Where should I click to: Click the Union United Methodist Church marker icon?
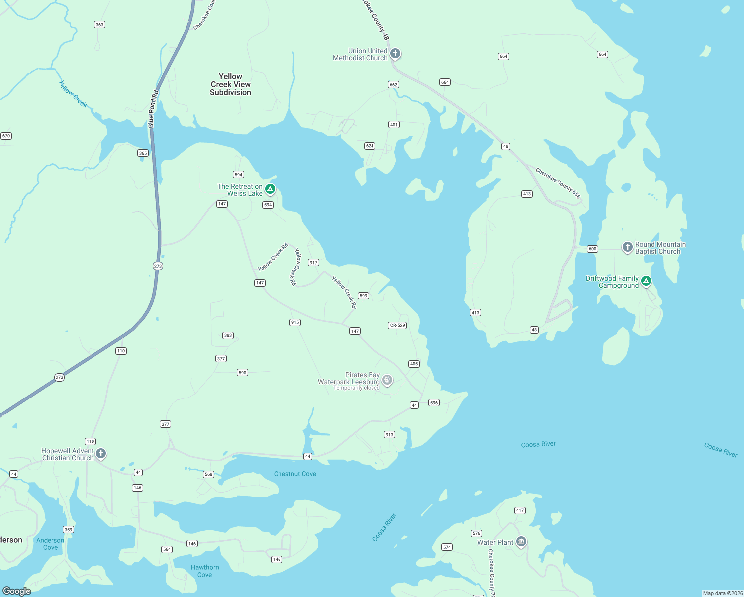(395, 53)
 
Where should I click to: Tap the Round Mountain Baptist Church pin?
(628, 247)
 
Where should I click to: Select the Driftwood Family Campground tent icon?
(646, 281)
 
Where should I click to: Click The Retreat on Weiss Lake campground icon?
(270, 189)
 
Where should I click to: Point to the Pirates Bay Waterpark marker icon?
(387, 381)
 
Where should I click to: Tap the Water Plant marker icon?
(521, 541)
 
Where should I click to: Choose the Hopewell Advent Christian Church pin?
(101, 453)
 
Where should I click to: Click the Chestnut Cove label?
(295, 474)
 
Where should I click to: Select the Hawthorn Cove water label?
(205, 571)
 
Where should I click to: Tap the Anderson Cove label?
(50, 544)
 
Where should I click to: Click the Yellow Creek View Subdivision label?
(230, 84)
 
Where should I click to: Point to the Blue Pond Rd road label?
(153, 108)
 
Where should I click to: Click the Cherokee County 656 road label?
(558, 183)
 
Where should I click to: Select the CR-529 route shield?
(397, 325)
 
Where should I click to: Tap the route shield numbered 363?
(100, 25)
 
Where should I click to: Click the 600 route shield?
(592, 249)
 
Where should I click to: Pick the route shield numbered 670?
(6, 136)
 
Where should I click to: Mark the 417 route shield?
(520, 510)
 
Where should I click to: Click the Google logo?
(17, 591)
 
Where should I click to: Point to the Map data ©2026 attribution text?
(723, 593)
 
